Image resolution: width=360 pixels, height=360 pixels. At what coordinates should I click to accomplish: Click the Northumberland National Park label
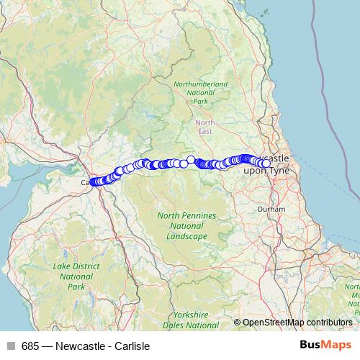201,93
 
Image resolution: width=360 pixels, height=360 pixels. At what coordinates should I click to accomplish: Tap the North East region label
204,126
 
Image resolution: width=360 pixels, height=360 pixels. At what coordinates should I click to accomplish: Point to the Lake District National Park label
76,276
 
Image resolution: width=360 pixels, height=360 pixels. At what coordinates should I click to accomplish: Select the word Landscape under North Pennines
186,236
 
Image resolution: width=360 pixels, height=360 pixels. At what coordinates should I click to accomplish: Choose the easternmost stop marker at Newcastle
267,163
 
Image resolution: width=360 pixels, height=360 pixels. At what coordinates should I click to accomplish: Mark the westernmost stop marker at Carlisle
93,182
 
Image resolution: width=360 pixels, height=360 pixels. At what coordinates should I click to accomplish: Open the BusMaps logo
325,345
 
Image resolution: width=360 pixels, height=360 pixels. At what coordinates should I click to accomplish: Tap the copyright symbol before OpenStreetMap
238,323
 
